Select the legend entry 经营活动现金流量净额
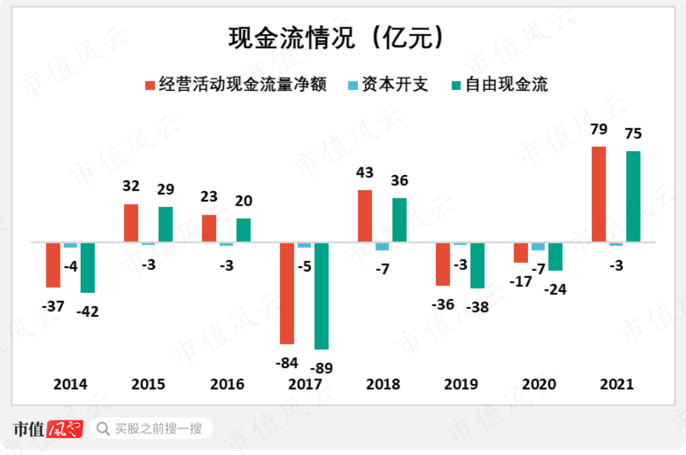(x=235, y=85)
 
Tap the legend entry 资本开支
(x=387, y=85)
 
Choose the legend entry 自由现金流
(x=499, y=85)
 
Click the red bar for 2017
(x=287, y=293)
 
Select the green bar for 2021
(x=633, y=196)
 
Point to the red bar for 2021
(x=598, y=194)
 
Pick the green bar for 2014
(x=87, y=267)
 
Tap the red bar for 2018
(x=365, y=215)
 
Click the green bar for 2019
(x=477, y=265)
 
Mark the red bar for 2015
(x=131, y=223)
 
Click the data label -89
(x=321, y=368)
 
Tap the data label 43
(x=365, y=173)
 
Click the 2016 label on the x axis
(x=227, y=384)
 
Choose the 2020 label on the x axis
(x=539, y=384)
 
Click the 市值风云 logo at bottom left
(x=47, y=428)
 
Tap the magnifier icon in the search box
(x=103, y=428)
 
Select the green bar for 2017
(x=321, y=296)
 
